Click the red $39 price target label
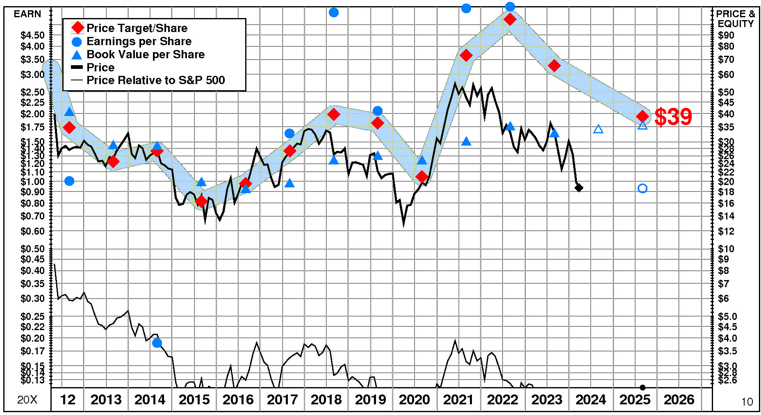(673, 117)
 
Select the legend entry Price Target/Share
(137, 28)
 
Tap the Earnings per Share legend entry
(139, 41)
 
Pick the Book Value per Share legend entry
(145, 54)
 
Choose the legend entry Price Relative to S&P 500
(155, 80)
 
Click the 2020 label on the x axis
(414, 399)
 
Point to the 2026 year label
(679, 399)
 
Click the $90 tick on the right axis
(726, 35)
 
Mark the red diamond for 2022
(510, 19)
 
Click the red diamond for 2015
(201, 201)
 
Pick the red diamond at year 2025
(643, 116)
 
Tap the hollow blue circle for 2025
(643, 188)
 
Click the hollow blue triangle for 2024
(598, 130)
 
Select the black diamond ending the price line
(579, 188)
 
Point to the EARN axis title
(27, 14)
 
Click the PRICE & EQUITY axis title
(736, 19)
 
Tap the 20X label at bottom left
(27, 400)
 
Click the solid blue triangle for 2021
(466, 141)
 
